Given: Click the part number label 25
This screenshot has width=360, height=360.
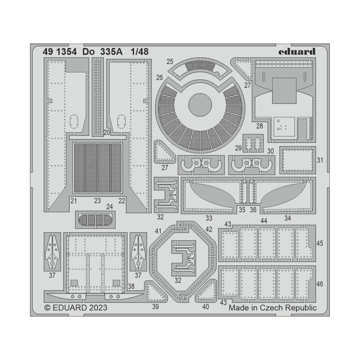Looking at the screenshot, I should point(170,61).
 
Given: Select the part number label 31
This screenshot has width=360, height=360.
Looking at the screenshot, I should point(320,160).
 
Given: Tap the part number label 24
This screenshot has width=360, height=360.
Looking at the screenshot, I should point(109,207).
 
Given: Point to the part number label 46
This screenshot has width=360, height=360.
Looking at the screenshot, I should point(320,283).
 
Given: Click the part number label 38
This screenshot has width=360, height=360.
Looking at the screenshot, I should point(131,286).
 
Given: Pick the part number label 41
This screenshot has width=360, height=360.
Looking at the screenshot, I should point(158,231).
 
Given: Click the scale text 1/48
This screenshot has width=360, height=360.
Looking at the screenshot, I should point(139,52).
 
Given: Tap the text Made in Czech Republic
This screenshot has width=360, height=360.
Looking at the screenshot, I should point(272,308).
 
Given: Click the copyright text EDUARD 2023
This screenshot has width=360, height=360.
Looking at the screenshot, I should point(76,308).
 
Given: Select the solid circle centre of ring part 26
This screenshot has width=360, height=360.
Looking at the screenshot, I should point(200,105).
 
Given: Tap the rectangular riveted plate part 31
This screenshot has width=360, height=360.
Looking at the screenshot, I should point(298,160).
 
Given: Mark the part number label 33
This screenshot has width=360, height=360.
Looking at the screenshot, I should point(209,218).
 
